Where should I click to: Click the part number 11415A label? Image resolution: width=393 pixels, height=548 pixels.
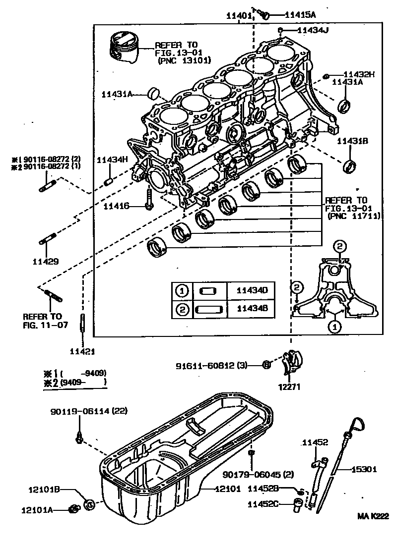pos(301,15)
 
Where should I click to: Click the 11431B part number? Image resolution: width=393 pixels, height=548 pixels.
pos(352,141)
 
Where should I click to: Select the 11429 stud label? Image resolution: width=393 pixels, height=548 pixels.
pos(46,261)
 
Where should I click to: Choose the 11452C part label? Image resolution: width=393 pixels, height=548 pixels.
pos(264,504)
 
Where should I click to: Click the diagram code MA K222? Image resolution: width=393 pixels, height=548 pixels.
pos(373,516)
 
